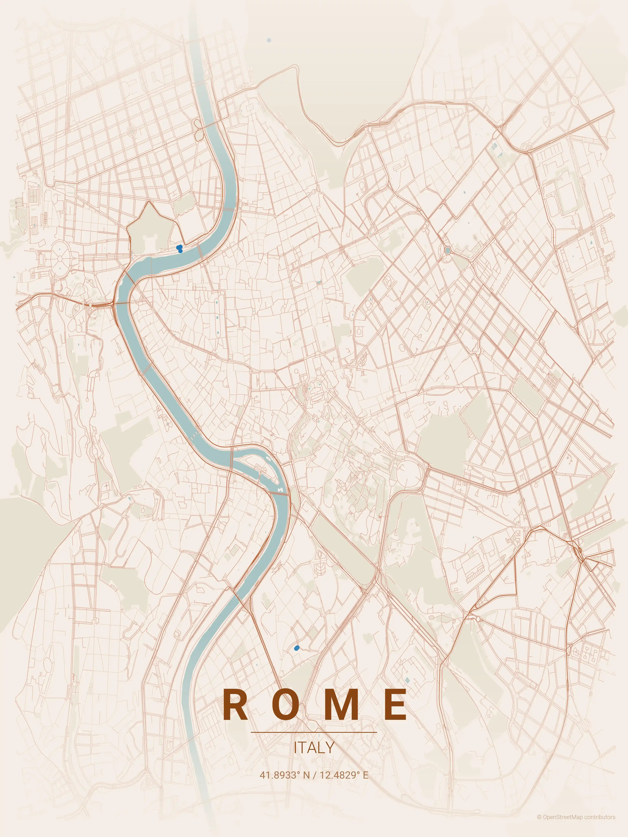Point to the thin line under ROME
314,732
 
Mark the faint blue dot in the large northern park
269,40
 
